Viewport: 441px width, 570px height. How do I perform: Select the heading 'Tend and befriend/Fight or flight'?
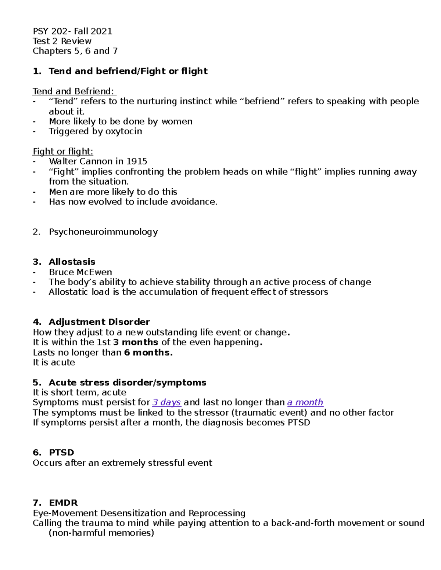tap(128, 71)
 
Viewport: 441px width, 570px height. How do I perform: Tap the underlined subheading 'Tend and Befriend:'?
tap(74, 91)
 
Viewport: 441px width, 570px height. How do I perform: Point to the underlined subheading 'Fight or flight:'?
tap(63, 152)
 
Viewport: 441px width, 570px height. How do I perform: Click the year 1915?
tap(137, 161)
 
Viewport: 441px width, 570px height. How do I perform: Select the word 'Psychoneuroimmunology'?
tap(103, 232)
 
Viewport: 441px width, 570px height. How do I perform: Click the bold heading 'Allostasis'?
tap(72, 262)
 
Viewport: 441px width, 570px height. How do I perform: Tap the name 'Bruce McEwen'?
tap(80, 272)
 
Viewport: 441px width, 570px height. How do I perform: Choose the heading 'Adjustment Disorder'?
tap(99, 322)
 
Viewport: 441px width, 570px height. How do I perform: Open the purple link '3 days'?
tap(166, 403)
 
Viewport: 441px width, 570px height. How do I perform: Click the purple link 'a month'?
tap(305, 403)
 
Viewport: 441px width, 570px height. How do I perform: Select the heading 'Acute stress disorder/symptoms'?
tap(128, 383)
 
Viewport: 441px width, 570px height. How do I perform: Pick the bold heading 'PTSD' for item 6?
tap(61, 453)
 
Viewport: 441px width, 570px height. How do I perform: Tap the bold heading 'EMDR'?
tap(63, 503)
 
